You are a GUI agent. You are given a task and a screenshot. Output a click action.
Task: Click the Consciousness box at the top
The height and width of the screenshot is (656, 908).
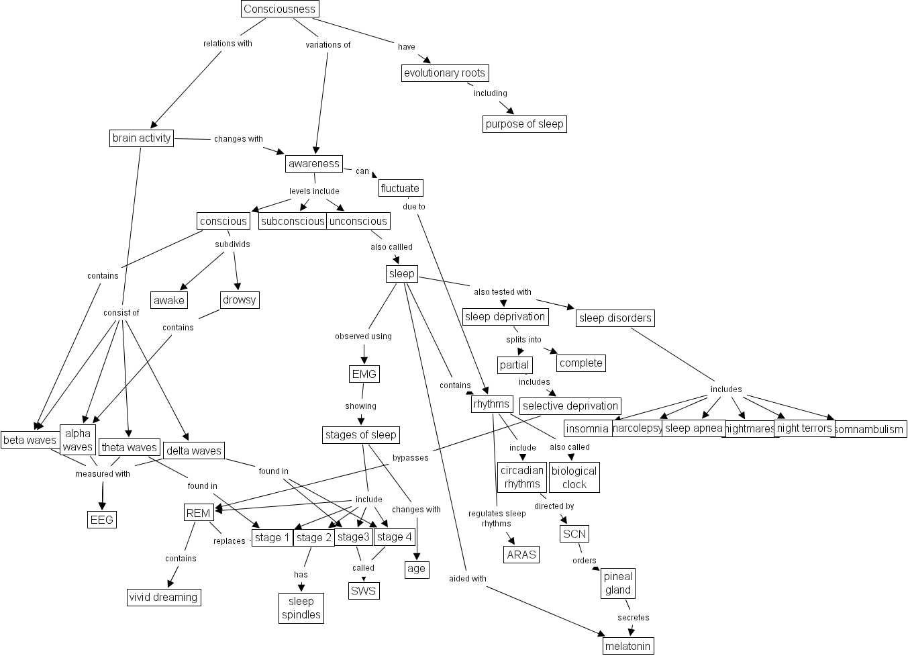click(x=279, y=9)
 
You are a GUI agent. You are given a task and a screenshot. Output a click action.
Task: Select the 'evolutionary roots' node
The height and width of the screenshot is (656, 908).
click(x=444, y=73)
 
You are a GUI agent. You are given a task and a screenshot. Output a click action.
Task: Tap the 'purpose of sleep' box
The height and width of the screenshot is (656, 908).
click(x=524, y=124)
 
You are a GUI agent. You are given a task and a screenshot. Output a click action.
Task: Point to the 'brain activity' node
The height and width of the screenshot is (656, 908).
click(x=142, y=138)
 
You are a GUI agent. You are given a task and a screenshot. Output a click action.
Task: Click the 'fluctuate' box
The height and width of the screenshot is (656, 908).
click(x=400, y=188)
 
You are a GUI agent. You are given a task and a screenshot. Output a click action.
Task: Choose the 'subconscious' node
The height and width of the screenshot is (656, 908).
click(x=292, y=221)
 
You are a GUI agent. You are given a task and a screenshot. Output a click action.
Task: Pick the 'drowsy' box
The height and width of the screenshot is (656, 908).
click(x=239, y=299)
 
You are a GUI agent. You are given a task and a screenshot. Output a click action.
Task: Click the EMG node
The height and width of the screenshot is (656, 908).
click(x=364, y=373)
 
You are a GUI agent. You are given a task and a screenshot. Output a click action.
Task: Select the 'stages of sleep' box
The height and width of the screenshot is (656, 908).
click(x=361, y=434)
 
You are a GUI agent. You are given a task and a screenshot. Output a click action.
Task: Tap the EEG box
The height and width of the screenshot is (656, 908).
click(x=102, y=519)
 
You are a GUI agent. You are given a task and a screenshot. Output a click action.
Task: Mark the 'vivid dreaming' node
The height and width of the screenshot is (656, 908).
click(x=163, y=597)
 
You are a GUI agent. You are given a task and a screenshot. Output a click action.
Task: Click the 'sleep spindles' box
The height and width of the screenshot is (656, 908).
click(x=301, y=608)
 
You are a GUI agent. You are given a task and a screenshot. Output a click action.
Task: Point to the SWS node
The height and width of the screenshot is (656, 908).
click(x=364, y=590)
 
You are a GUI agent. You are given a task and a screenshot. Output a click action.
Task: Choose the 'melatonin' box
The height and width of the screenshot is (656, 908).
click(x=627, y=646)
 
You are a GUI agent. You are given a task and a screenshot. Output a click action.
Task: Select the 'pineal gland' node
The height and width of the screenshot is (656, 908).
click(x=618, y=583)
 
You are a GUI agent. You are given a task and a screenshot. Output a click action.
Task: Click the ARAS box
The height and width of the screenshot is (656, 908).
click(x=521, y=554)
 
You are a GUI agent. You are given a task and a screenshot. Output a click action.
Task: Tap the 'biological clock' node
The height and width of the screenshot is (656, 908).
click(x=574, y=477)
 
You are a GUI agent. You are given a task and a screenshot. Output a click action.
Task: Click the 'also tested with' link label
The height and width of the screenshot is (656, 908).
click(x=503, y=292)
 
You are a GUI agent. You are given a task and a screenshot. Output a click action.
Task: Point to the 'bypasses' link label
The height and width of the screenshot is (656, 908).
click(x=410, y=458)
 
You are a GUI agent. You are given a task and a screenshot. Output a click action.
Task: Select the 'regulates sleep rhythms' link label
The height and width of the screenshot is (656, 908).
click(x=497, y=518)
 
